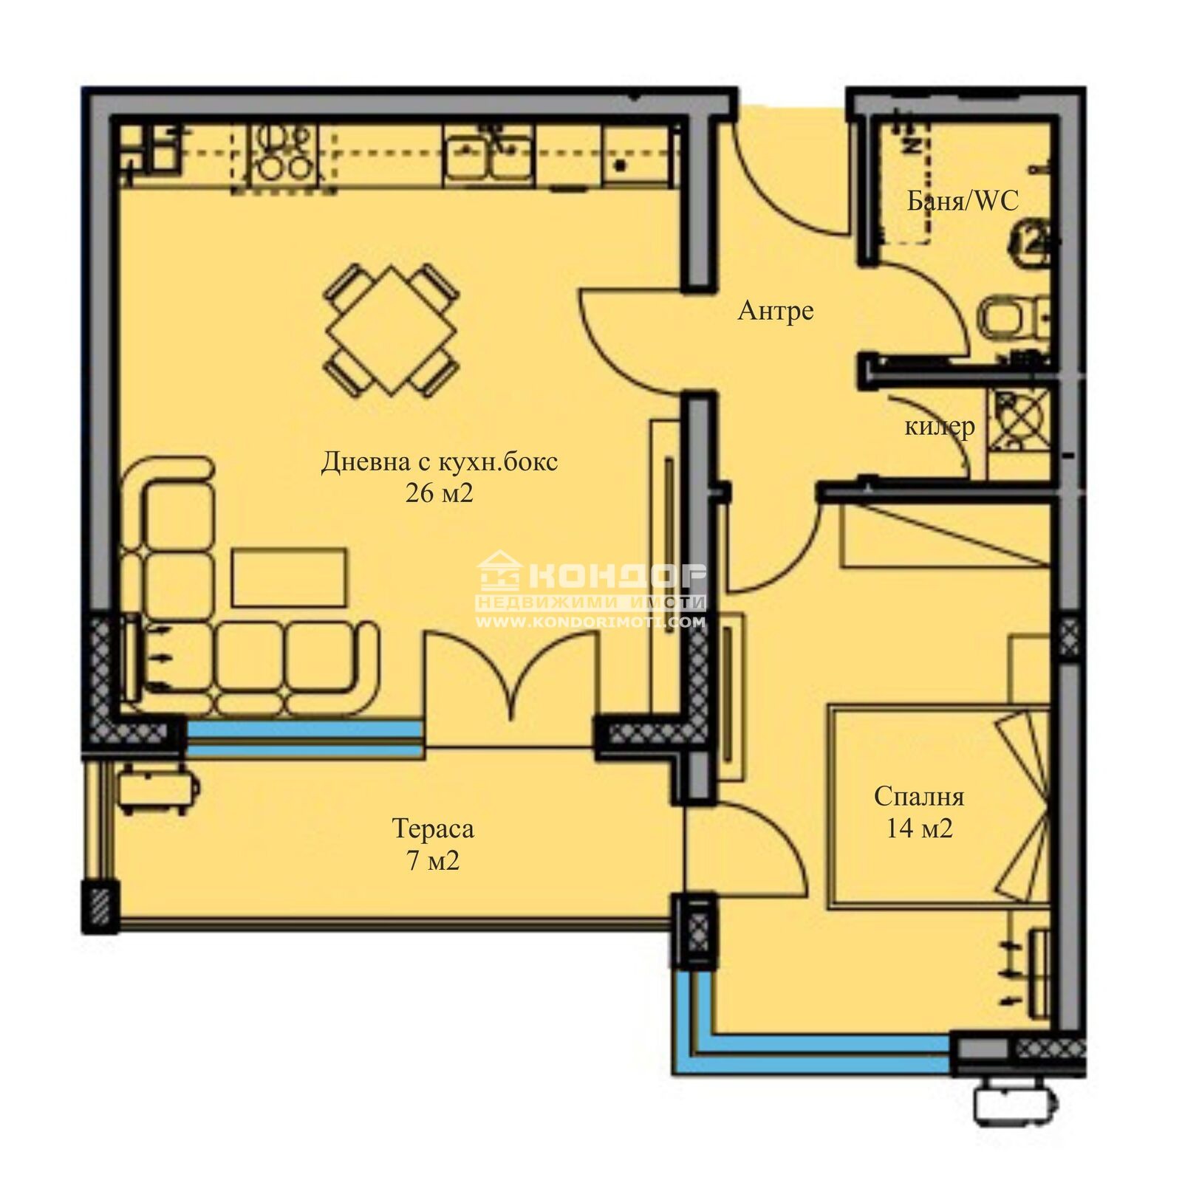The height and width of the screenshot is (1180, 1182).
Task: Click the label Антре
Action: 776,311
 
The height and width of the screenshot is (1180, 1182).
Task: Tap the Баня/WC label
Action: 962,200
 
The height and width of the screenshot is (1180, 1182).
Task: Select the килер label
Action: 939,426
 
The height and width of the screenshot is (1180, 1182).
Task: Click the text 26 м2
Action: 439,493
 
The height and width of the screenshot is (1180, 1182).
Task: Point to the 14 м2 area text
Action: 919,829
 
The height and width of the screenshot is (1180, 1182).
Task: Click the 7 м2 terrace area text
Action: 433,861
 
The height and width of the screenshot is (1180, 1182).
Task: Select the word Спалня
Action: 919,797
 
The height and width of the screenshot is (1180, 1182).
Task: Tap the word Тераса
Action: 433,829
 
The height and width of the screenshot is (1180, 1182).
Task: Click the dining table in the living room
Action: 392,330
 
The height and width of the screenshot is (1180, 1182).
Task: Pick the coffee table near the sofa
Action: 289,577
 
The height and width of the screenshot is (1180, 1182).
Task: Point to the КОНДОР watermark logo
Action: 591,574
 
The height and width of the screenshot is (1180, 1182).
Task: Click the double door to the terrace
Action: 510,676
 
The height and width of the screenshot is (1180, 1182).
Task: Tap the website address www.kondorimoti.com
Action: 591,622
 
